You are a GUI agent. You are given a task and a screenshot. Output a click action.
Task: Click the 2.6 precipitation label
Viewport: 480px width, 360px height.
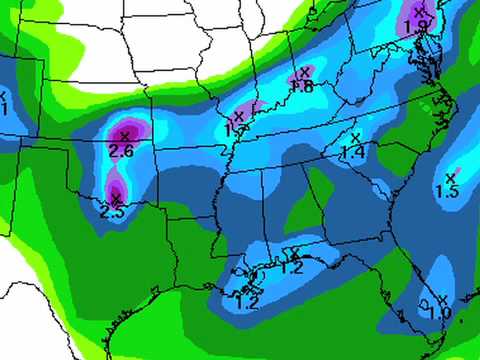(121, 151)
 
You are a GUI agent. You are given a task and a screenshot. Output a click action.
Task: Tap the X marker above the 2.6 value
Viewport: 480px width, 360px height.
(124, 135)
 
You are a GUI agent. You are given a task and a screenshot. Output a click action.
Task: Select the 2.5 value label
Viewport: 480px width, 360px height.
(112, 212)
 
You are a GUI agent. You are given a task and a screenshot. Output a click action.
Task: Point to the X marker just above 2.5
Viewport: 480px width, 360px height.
(116, 198)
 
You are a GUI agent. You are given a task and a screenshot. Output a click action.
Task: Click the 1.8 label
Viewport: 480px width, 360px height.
(302, 87)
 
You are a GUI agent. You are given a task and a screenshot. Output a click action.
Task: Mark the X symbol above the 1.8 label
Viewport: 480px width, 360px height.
(303, 72)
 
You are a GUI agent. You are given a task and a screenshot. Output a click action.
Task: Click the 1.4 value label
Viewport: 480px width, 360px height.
(352, 152)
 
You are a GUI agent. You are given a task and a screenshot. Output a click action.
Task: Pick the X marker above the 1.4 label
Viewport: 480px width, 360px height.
(354, 137)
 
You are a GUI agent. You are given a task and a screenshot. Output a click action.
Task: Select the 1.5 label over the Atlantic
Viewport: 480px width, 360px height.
(447, 191)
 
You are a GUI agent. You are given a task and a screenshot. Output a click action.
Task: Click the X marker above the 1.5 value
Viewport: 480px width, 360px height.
(450, 177)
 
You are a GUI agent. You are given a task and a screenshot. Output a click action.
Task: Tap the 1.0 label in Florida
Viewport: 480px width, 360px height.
(439, 313)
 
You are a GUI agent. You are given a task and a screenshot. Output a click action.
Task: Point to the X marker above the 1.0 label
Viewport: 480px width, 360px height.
(441, 298)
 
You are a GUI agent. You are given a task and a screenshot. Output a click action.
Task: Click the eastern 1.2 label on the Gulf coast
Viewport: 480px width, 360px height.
(291, 267)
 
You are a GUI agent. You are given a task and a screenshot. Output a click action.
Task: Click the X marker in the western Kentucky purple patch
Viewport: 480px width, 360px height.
(239, 117)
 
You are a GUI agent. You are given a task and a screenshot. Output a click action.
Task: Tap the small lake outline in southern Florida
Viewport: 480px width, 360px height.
(425, 300)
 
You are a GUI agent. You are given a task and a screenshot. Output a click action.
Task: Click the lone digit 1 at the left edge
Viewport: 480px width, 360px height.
(4, 108)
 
